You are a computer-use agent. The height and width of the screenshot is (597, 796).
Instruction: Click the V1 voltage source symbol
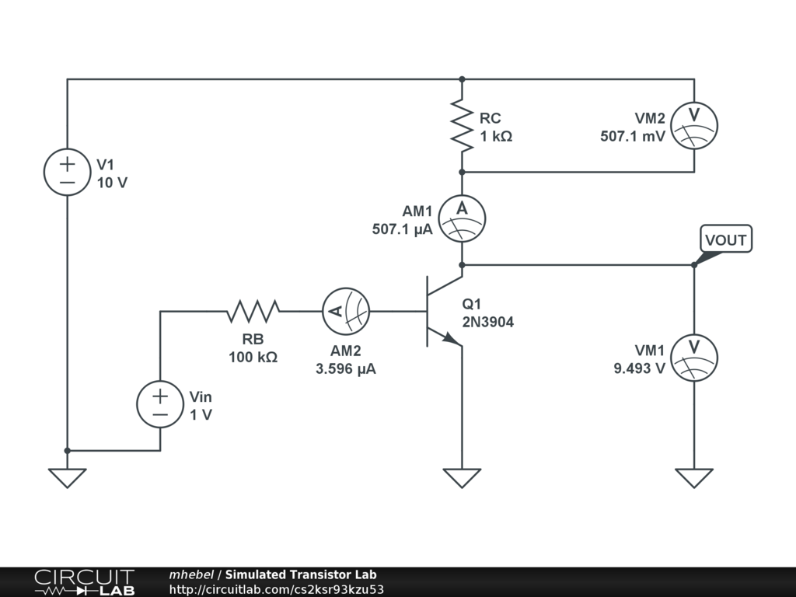67,172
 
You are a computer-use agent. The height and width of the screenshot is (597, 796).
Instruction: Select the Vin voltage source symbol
160,404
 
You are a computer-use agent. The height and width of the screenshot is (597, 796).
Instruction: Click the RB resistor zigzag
253,312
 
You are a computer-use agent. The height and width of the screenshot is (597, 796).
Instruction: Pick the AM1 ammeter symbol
462,218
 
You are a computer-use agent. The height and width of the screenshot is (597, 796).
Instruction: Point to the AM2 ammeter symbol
346,311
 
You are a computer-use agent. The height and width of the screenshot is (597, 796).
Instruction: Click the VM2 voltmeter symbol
693,125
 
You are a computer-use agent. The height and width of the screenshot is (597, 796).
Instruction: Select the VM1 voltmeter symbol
693,358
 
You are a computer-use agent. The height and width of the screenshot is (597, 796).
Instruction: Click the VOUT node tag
725,240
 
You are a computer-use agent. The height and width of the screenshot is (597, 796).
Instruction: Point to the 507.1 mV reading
632,136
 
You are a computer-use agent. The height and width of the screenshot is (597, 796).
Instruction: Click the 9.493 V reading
639,368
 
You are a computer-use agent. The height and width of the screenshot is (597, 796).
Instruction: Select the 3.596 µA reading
345,369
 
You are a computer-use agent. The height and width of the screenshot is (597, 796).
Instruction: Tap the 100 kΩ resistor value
253,358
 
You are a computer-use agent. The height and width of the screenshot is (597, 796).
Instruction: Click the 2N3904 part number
487,322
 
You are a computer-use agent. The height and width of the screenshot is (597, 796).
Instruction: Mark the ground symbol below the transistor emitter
462,477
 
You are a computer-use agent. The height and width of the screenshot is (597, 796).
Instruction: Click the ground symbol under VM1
693,477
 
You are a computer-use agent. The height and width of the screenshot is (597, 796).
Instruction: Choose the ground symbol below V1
67,477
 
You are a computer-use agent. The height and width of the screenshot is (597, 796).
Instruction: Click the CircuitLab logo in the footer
84,582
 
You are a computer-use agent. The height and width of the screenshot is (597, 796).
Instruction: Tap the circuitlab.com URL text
277,590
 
